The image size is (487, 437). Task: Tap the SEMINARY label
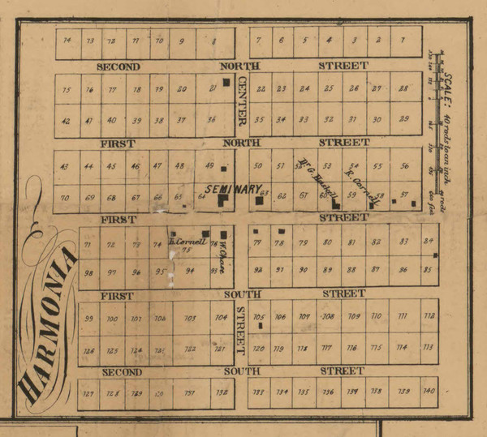(x=231, y=189)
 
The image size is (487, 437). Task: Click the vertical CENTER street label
(x=241, y=105)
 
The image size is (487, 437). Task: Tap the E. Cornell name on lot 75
(x=187, y=242)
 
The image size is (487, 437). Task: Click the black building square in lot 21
(x=227, y=82)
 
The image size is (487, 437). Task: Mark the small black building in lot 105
(x=261, y=325)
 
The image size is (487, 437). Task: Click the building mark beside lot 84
(x=435, y=255)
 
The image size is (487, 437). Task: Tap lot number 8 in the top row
(x=213, y=41)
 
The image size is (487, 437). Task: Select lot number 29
(x=403, y=119)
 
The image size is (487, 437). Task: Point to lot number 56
(x=403, y=165)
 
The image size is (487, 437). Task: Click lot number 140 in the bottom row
(x=429, y=392)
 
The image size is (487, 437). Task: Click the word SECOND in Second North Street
(x=119, y=66)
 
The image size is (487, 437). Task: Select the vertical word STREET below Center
(x=240, y=331)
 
